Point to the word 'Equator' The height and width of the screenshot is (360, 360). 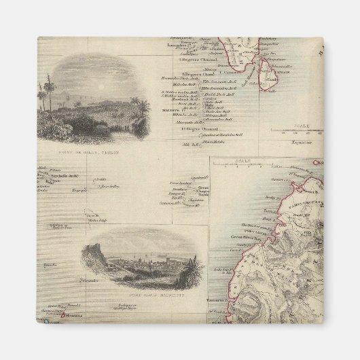294,144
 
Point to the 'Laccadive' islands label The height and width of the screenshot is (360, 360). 178,46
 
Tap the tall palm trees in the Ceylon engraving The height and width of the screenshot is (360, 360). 43,92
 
